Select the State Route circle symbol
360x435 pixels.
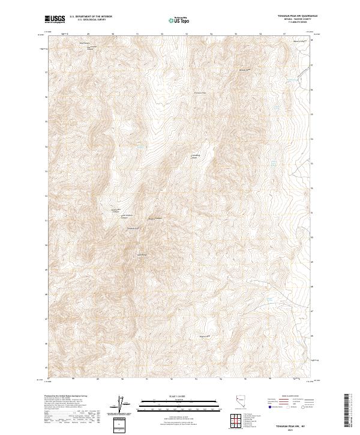tap(303, 407)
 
